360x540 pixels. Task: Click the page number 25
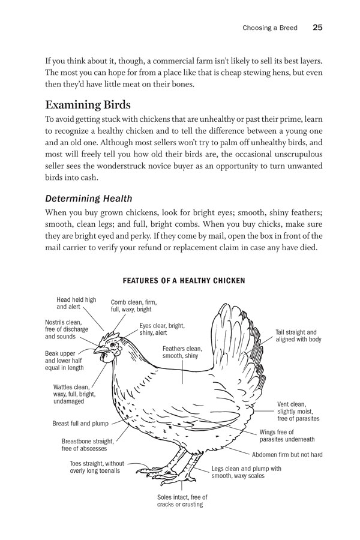tap(319, 28)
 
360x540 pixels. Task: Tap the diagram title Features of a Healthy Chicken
tap(184, 280)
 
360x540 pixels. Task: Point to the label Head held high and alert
tap(76, 302)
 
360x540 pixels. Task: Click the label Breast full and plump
tap(80, 423)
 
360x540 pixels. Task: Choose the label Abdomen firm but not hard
tap(287, 455)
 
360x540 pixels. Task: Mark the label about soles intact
tap(180, 500)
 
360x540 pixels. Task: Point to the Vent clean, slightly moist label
tap(298, 411)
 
